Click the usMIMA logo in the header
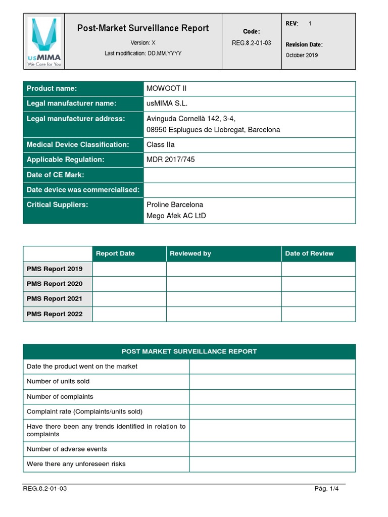(x=43, y=41)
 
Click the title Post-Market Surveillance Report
(x=143, y=28)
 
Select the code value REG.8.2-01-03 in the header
(x=252, y=43)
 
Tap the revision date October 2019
(x=302, y=55)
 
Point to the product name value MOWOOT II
(x=166, y=88)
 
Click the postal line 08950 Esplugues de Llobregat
(x=213, y=130)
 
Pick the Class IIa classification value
(x=160, y=144)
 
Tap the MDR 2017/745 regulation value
(x=170, y=160)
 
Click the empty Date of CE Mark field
(x=250, y=175)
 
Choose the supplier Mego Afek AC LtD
(x=176, y=216)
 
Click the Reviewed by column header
(x=190, y=253)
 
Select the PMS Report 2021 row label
(x=55, y=299)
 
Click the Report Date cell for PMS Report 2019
(x=129, y=269)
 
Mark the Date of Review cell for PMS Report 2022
(x=318, y=314)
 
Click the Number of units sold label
(x=58, y=381)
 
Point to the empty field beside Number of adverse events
(x=272, y=449)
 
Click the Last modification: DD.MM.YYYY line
(x=143, y=53)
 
